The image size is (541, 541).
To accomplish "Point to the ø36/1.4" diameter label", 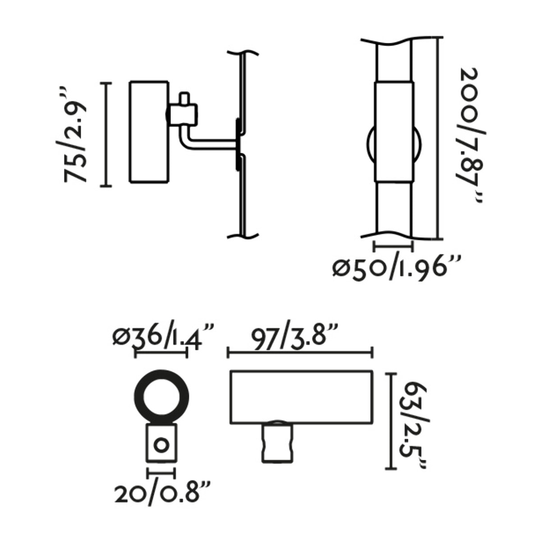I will [x=162, y=337].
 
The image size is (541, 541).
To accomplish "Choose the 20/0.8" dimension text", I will [x=162, y=494].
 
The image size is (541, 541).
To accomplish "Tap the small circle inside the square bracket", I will [x=161, y=446].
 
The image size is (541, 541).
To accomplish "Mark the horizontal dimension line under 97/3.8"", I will [x=300, y=353].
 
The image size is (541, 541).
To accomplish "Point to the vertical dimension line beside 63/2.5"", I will [x=390, y=422].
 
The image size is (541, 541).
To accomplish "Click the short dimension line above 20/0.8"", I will [x=161, y=473].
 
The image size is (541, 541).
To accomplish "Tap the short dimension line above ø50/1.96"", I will [x=393, y=246].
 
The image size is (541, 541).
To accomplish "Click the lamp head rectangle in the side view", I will [x=149, y=132].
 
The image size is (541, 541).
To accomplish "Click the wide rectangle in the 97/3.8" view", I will [x=301, y=397].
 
